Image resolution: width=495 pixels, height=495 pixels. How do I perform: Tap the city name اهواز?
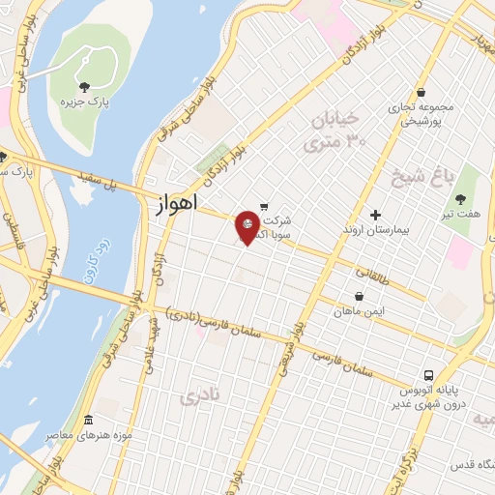(x=175, y=205)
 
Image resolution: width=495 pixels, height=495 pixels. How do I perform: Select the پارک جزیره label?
(x=84, y=102)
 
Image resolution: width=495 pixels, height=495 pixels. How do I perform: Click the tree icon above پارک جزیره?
(x=84, y=87)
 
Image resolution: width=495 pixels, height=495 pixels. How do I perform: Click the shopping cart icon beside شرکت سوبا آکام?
(x=264, y=205)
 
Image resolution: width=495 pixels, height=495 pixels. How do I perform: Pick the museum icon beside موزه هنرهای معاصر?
(x=88, y=421)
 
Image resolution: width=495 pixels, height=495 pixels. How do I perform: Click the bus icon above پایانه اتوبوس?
(x=425, y=374)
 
